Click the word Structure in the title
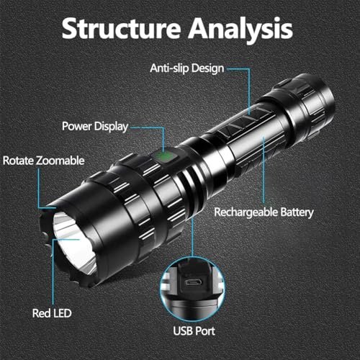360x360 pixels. [x=121, y=28]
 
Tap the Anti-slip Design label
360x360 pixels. [x=187, y=68]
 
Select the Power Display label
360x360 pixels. [x=95, y=127]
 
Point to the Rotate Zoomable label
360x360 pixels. [x=44, y=161]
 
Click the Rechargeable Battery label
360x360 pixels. [x=264, y=212]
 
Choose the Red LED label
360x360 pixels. [x=52, y=313]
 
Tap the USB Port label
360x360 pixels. [x=194, y=331]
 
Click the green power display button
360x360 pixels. [x=164, y=156]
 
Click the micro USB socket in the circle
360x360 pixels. [x=194, y=282]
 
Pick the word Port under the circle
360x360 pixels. [x=204, y=331]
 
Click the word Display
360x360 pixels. [x=111, y=127]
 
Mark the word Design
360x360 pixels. [x=208, y=68]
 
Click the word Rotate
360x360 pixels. [x=18, y=161]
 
